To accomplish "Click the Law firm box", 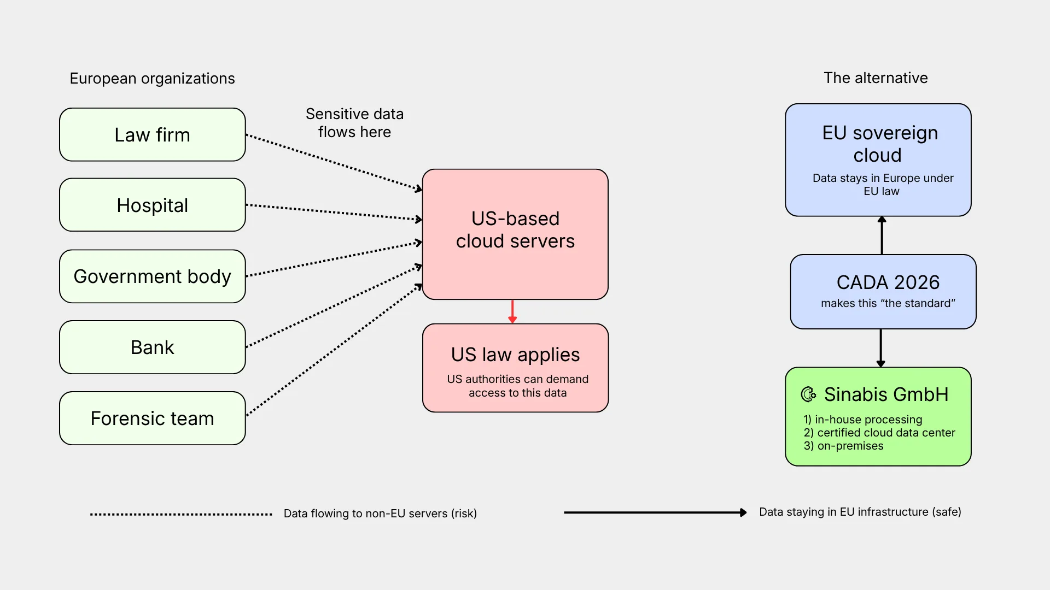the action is point(153,134).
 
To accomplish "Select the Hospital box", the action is point(153,205).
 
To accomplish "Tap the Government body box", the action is point(153,276).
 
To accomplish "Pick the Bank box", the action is point(153,347).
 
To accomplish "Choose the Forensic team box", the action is point(153,418).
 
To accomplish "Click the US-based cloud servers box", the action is point(515,234).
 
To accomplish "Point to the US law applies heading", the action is point(515,355).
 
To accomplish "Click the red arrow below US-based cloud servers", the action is point(512,311).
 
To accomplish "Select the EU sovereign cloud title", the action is point(880,144).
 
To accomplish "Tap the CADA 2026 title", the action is point(888,282).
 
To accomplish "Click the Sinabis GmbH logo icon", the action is point(808,394).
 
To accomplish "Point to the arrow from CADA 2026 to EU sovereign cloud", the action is point(882,235).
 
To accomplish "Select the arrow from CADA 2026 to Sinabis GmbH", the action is point(880,348).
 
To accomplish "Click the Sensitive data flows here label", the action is point(354,123).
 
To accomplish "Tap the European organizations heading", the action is point(152,79).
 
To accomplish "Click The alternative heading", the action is point(876,78).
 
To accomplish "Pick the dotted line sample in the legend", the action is point(181,514).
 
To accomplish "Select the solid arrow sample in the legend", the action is point(655,512).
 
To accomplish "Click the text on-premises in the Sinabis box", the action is point(850,446).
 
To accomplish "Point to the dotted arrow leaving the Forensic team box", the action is point(334,350).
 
